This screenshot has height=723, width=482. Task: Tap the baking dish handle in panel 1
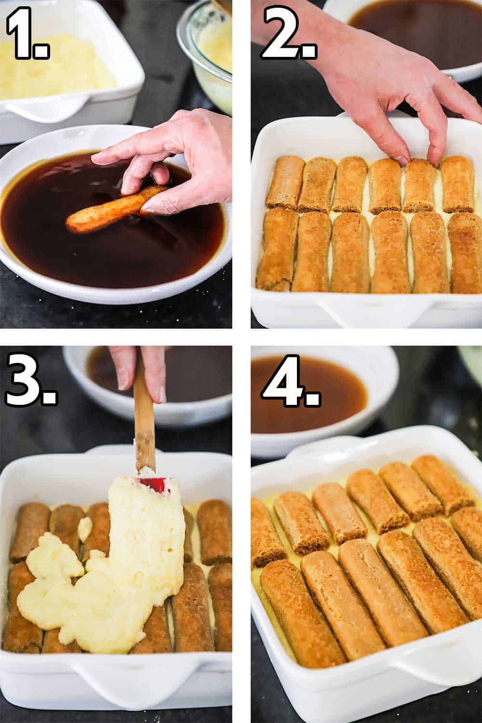pyautogui.click(x=53, y=108)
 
